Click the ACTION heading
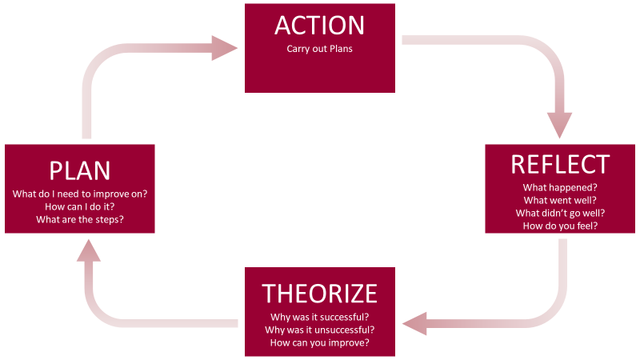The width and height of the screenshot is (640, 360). tap(319, 25)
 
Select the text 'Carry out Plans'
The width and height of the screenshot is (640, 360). tap(319, 49)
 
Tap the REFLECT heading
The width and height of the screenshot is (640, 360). tap(560, 164)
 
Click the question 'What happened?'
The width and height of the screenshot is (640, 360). tap(560, 188)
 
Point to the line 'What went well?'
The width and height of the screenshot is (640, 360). tap(560, 200)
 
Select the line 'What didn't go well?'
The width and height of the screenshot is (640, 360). tap(560, 213)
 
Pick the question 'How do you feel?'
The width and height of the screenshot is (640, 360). tap(560, 226)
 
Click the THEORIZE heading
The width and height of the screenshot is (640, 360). tap(319, 294)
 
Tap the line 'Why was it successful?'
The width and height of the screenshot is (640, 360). tap(319, 317)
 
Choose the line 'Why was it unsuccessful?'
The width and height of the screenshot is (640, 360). tap(319, 330)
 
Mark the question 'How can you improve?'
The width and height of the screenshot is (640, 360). tap(319, 342)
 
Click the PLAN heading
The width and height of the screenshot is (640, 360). tap(79, 170)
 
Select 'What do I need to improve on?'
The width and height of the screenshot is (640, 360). tap(79, 194)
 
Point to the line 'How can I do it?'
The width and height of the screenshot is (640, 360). tap(79, 206)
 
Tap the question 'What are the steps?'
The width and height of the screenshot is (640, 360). tap(79, 219)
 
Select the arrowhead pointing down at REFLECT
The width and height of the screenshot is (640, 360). tap(560, 125)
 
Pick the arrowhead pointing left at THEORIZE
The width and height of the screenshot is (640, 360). tap(416, 324)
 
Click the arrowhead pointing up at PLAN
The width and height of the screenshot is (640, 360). tap(89, 250)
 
